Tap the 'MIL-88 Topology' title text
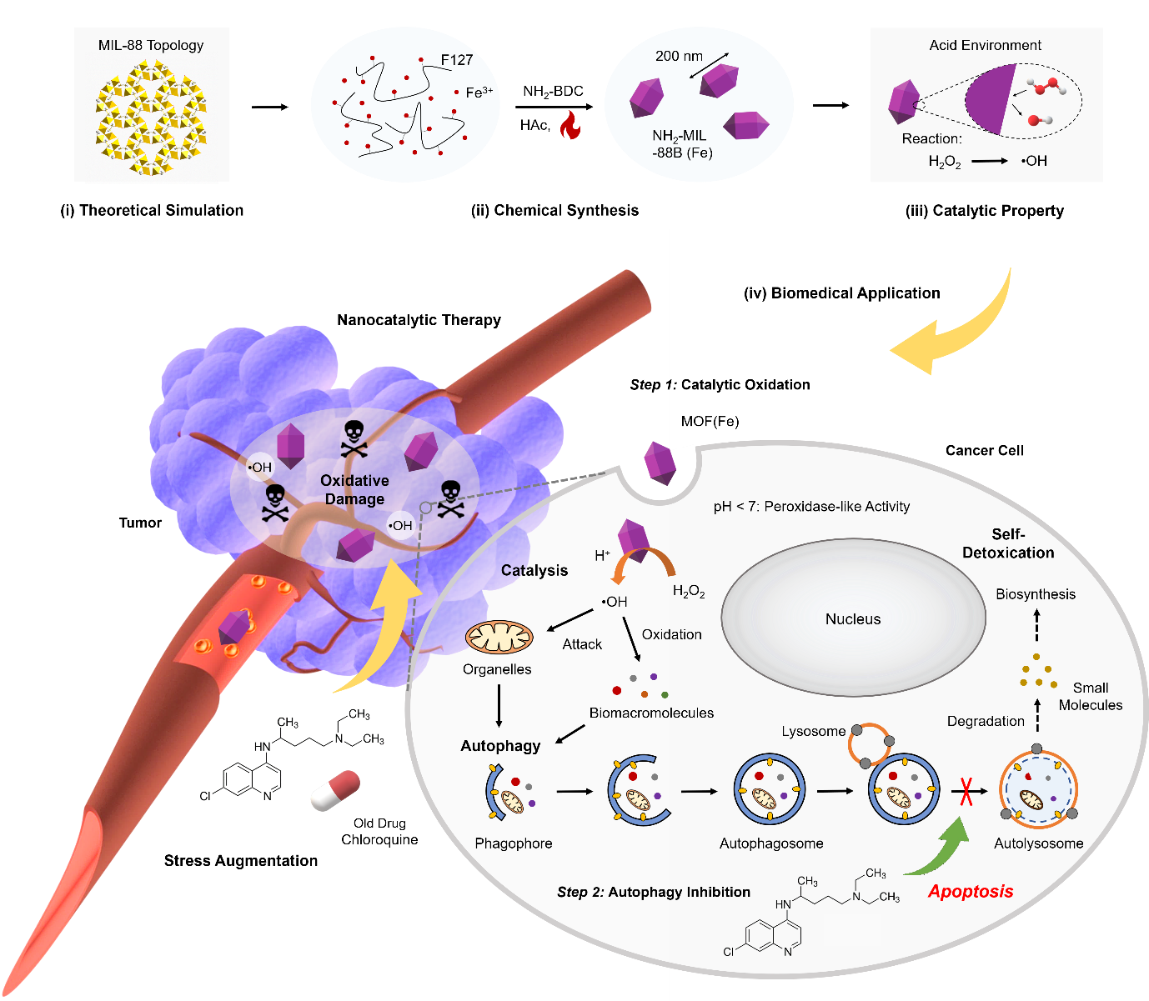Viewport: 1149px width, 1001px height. [x=151, y=45]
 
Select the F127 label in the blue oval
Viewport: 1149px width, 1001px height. [x=457, y=60]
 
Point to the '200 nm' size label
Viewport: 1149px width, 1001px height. [x=679, y=56]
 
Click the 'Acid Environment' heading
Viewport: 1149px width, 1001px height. [x=985, y=45]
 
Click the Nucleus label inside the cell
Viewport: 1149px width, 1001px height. [x=852, y=619]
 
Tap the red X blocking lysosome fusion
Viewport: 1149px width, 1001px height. [x=966, y=791]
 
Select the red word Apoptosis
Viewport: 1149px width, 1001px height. [x=971, y=891]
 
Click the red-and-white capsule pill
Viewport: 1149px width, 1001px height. [x=335, y=791]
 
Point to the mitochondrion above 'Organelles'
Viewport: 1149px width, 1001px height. [x=499, y=638]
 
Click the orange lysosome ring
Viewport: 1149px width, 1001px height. [x=869, y=743]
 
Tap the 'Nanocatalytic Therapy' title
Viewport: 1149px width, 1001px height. [x=419, y=320]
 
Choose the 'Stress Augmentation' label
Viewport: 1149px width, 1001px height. [x=240, y=861]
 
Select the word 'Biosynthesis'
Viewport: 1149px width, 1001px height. [x=1035, y=594]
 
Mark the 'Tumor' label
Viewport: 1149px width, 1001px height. [x=140, y=523]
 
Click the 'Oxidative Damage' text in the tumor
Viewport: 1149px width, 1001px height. [x=354, y=490]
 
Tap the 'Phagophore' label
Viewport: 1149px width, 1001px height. [x=513, y=843]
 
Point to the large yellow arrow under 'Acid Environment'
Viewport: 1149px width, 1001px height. [x=959, y=333]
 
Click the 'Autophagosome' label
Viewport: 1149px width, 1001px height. [x=770, y=843]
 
